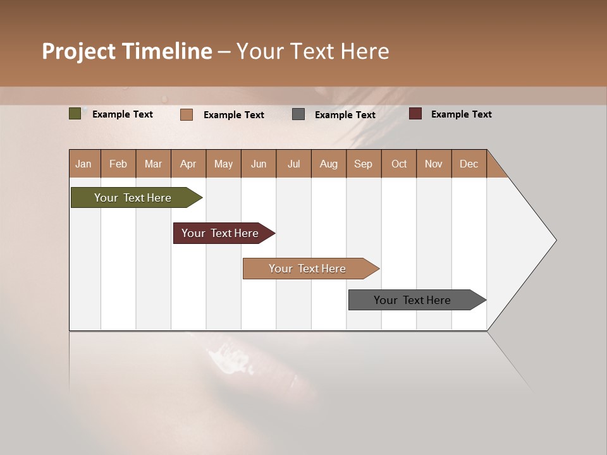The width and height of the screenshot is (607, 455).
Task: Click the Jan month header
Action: coord(83,164)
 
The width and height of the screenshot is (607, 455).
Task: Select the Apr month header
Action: coord(188,164)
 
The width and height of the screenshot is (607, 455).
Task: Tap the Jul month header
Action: coord(293,164)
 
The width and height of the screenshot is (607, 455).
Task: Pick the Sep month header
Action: coord(363,164)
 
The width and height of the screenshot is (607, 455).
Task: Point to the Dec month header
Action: coord(469,164)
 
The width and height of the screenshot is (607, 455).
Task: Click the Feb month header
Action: coord(118,164)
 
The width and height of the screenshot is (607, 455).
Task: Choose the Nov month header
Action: coord(433,164)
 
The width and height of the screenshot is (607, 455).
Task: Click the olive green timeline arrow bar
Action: coord(133,198)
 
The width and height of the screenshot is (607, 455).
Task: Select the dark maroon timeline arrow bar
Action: coord(221,233)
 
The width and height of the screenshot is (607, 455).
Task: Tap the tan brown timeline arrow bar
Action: coord(307,269)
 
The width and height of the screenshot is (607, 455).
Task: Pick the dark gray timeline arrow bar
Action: coord(413,300)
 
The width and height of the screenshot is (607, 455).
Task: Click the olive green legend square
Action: coord(75,114)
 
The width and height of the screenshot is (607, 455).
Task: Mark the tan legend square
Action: coord(187,114)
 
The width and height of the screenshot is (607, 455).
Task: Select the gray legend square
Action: coord(298,114)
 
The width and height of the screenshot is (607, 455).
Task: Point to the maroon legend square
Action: coord(415,114)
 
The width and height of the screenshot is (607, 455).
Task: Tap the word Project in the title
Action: coord(78,51)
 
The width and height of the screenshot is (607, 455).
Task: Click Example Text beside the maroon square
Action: coord(461,114)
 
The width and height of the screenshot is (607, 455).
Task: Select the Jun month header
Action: coord(259,164)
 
